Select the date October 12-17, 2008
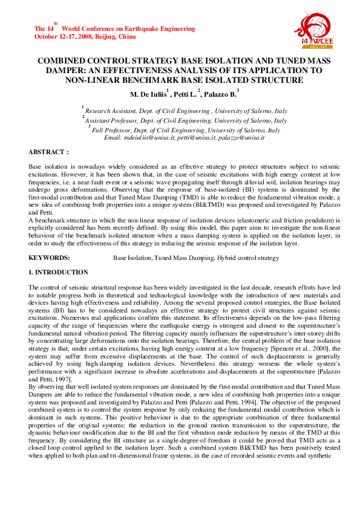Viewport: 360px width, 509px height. [59, 36]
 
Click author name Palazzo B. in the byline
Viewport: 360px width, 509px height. [220, 94]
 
